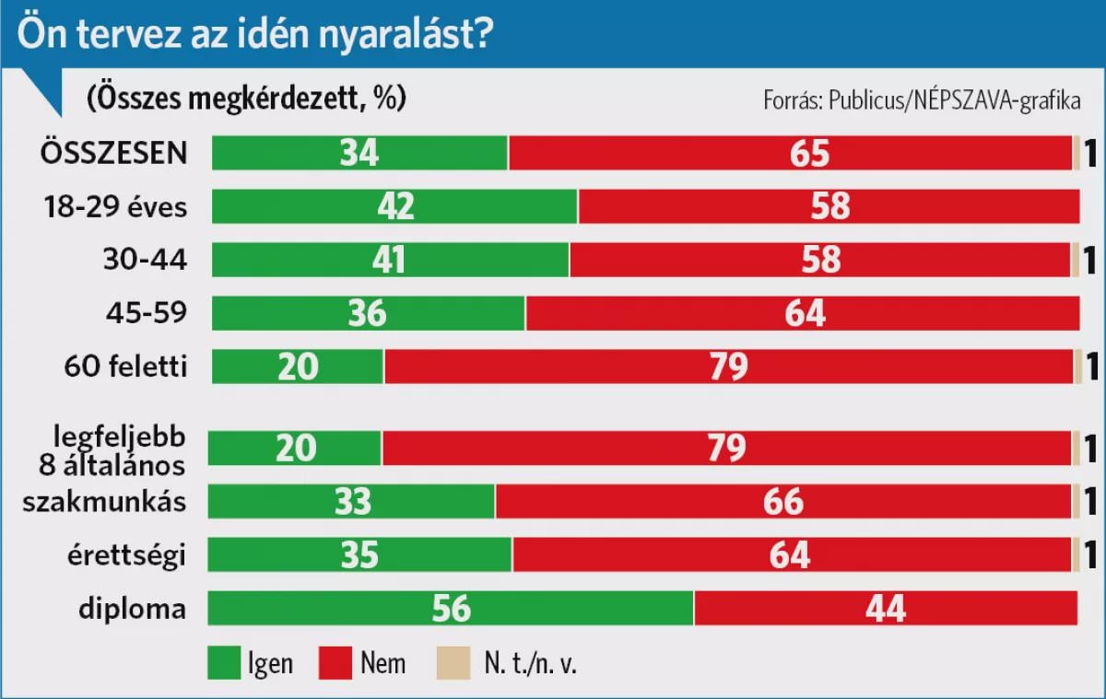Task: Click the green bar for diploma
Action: [451, 608]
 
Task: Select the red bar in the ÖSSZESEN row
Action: [791, 153]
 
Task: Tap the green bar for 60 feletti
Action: [297, 367]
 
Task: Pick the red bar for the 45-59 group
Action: [803, 313]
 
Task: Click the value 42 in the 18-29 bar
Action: [395, 205]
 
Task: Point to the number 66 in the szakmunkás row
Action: [783, 502]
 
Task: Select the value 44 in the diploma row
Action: [886, 608]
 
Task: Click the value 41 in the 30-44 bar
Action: [389, 260]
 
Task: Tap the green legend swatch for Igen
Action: [224, 662]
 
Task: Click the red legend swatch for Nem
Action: [335, 662]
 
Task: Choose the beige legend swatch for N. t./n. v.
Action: [453, 662]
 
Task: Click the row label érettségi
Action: [126, 556]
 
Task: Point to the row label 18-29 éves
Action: [115, 206]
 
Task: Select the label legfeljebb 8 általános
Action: [112, 451]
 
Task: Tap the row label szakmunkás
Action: [104, 502]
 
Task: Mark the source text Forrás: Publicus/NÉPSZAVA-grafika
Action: [922, 100]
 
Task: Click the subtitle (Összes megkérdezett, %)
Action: [246, 99]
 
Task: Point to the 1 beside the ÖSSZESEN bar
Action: [1090, 153]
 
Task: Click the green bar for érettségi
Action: [359, 555]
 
